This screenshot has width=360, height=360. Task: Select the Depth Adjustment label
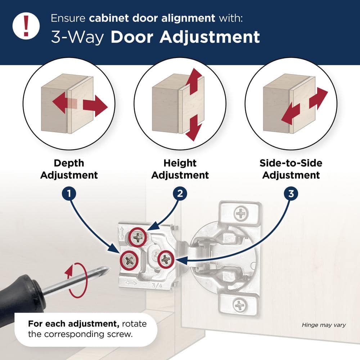coord(69,169)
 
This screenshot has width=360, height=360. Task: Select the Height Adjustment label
coord(180,169)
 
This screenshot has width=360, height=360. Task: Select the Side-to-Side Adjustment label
coord(291,169)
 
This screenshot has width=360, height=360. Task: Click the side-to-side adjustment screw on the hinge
coord(166,258)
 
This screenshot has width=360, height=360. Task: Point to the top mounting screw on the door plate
coord(240,214)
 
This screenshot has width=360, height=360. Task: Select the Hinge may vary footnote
coord(324,325)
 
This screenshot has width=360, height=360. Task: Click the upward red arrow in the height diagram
coord(195,80)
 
